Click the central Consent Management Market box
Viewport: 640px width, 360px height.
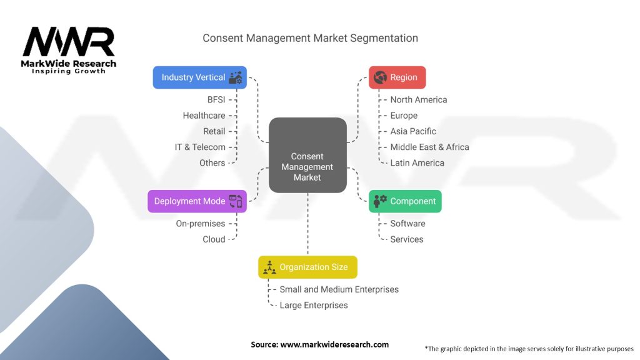pos(307,155)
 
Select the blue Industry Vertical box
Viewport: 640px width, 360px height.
pos(199,77)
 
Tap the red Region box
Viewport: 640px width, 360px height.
pos(397,77)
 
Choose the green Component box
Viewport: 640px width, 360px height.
pos(405,201)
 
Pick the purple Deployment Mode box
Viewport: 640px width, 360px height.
pos(197,201)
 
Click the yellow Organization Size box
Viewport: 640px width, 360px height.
pos(307,267)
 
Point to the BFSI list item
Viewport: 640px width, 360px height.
pos(216,99)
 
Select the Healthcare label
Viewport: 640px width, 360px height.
pos(204,116)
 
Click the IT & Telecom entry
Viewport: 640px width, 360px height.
pos(200,147)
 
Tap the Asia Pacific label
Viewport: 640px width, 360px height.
pos(413,131)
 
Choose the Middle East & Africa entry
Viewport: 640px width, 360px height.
pos(429,147)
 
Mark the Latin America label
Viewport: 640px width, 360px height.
pos(417,162)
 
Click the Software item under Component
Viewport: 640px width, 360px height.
pos(407,223)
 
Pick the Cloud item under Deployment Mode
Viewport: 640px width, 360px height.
pos(214,239)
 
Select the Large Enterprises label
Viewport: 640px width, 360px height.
pos(314,305)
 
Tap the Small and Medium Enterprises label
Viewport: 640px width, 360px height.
pos(339,289)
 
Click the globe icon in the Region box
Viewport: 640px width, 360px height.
pos(380,77)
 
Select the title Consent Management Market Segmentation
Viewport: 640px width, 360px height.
pos(310,38)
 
